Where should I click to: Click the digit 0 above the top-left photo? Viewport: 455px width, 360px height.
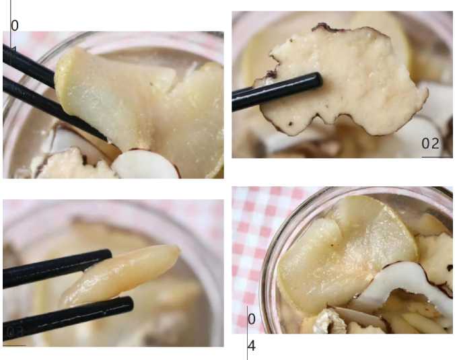click(15, 26)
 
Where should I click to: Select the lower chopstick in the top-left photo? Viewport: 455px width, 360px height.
click(40, 101)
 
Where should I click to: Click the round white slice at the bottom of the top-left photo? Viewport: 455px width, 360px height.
click(145, 166)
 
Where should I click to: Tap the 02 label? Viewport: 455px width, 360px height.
click(431, 143)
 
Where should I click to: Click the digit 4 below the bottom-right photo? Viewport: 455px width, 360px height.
click(251, 346)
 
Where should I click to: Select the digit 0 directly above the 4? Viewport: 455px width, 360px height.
click(251, 319)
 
